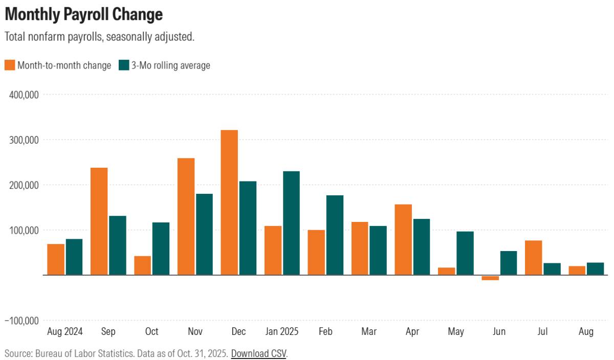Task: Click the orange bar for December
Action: (229, 202)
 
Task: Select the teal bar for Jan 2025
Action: (291, 223)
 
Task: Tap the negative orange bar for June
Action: (490, 278)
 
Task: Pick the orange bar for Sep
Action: (99, 221)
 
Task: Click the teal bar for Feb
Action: (335, 235)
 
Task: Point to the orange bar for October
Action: (142, 265)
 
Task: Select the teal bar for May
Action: (465, 253)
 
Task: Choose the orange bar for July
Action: (533, 258)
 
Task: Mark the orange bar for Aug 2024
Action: (56, 259)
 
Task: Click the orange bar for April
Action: (403, 240)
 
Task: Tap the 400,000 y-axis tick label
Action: (24, 95)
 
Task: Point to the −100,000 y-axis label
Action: (22, 321)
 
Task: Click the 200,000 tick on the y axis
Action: (24, 186)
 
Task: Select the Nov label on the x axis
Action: (195, 331)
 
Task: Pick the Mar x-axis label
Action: (369, 331)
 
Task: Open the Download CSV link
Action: (259, 353)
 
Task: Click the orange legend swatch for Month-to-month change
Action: (10, 65)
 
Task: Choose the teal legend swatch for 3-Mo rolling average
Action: (124, 65)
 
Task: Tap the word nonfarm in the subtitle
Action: (47, 37)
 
